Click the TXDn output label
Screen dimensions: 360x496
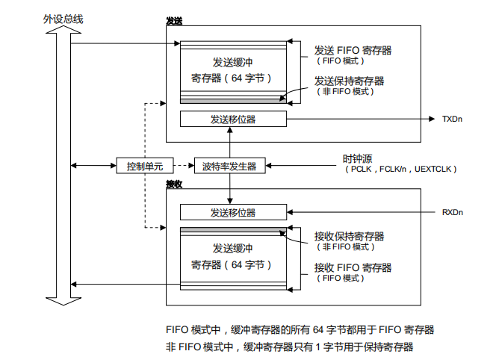click(x=453, y=120)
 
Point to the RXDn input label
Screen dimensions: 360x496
click(x=453, y=213)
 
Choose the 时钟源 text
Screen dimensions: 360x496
click(x=357, y=158)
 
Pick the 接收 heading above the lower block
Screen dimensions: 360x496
click(x=173, y=184)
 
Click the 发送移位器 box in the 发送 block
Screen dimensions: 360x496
click(x=232, y=120)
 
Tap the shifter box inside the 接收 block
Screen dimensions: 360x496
click(x=232, y=213)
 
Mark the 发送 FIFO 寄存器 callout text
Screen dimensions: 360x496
click(x=353, y=50)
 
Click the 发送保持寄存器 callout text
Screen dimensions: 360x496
click(x=350, y=81)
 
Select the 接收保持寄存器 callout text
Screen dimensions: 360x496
click(x=350, y=236)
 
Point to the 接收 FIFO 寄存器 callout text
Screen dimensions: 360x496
click(x=353, y=267)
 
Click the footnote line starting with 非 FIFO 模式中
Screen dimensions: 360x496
click(x=289, y=347)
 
